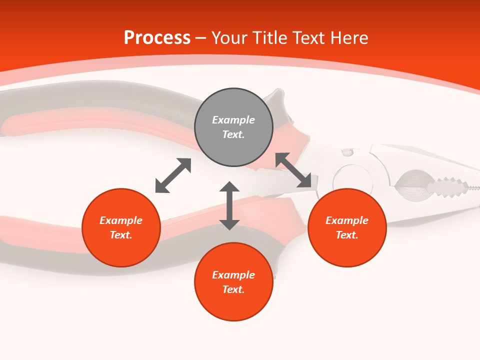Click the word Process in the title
(x=157, y=38)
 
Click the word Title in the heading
(x=270, y=38)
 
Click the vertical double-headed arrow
(x=229, y=205)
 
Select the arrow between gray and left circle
(x=173, y=175)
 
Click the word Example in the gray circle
(x=233, y=120)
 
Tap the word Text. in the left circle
(x=121, y=235)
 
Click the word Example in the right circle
(x=347, y=220)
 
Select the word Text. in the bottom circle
(x=233, y=289)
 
